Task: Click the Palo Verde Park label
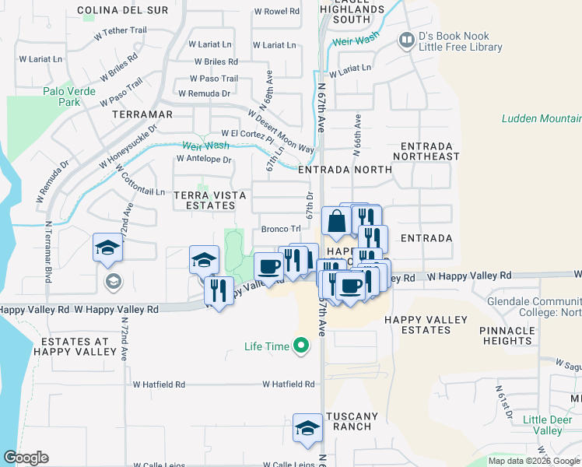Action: (x=69, y=97)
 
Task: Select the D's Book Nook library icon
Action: (x=405, y=39)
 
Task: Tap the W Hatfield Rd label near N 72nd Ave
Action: (x=159, y=384)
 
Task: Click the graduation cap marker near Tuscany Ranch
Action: (x=307, y=427)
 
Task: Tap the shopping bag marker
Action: (x=336, y=221)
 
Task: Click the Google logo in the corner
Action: (x=26, y=458)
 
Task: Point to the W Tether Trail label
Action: (x=120, y=32)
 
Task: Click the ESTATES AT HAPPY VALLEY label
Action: (x=75, y=348)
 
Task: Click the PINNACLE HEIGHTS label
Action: (x=507, y=335)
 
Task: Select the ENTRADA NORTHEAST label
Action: (x=431, y=151)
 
